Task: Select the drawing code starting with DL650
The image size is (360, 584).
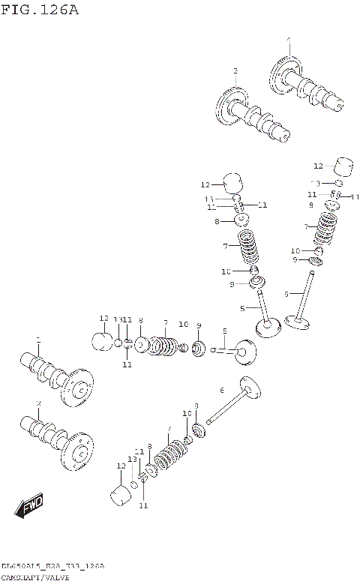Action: [x=41, y=565]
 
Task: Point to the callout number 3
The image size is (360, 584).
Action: [x=235, y=71]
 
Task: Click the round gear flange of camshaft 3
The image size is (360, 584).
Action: [x=232, y=105]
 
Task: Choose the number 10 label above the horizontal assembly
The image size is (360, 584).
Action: [x=183, y=325]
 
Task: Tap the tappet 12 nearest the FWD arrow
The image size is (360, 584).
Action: [x=119, y=496]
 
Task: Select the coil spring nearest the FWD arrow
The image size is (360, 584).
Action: [x=171, y=454]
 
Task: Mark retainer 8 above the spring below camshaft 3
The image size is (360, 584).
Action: [x=242, y=221]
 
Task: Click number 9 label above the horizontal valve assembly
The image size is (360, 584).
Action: [x=199, y=325]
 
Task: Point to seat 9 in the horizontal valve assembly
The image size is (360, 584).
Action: [x=199, y=349]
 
